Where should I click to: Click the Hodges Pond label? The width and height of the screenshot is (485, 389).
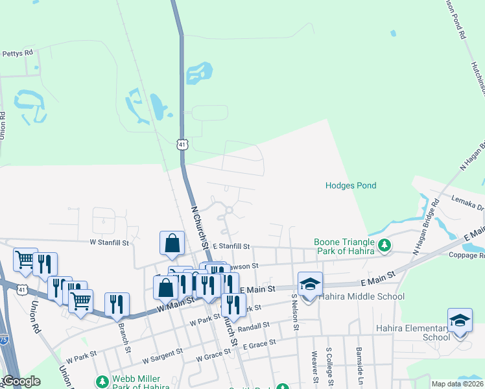click(x=350, y=185)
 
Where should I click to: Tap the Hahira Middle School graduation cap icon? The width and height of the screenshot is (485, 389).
click(x=310, y=284)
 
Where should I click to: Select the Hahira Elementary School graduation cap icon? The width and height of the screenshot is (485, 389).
click(x=460, y=320)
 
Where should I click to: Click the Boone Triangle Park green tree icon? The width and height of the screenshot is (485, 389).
click(x=385, y=246)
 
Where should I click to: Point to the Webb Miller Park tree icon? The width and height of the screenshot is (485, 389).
click(x=101, y=381)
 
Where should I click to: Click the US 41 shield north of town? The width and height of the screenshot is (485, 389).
click(x=183, y=145)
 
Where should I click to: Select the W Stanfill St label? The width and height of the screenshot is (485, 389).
click(x=110, y=242)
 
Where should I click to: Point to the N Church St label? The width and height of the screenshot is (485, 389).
click(x=200, y=228)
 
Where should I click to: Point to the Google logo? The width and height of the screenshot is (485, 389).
click(x=21, y=381)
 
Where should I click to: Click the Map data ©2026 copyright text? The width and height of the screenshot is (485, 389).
click(x=457, y=384)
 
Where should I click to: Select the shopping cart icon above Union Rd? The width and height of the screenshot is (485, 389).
click(x=26, y=259)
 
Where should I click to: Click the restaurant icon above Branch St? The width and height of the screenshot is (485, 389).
click(x=117, y=304)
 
